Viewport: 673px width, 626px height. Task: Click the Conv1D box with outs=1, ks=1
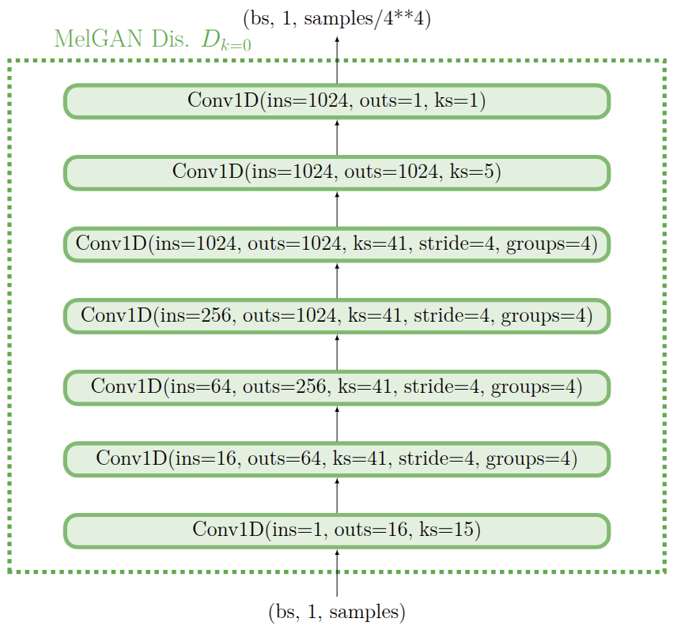tap(336, 100)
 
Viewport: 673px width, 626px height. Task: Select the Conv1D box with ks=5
tap(336, 172)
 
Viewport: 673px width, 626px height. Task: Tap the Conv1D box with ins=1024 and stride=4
tap(336, 243)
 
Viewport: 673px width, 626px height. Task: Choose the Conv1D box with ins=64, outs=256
tap(336, 387)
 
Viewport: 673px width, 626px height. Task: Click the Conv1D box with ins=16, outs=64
tap(336, 458)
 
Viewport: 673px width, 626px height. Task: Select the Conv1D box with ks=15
tap(336, 530)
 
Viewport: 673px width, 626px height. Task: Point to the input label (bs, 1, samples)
tap(337, 611)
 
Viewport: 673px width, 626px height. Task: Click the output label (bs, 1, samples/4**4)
tap(337, 18)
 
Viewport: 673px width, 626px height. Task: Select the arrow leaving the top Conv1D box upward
tap(337, 59)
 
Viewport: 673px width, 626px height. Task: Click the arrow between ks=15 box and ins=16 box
tap(337, 494)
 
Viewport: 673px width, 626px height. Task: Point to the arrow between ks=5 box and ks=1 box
tap(337, 137)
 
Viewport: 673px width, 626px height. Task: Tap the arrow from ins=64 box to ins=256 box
tap(337, 351)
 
